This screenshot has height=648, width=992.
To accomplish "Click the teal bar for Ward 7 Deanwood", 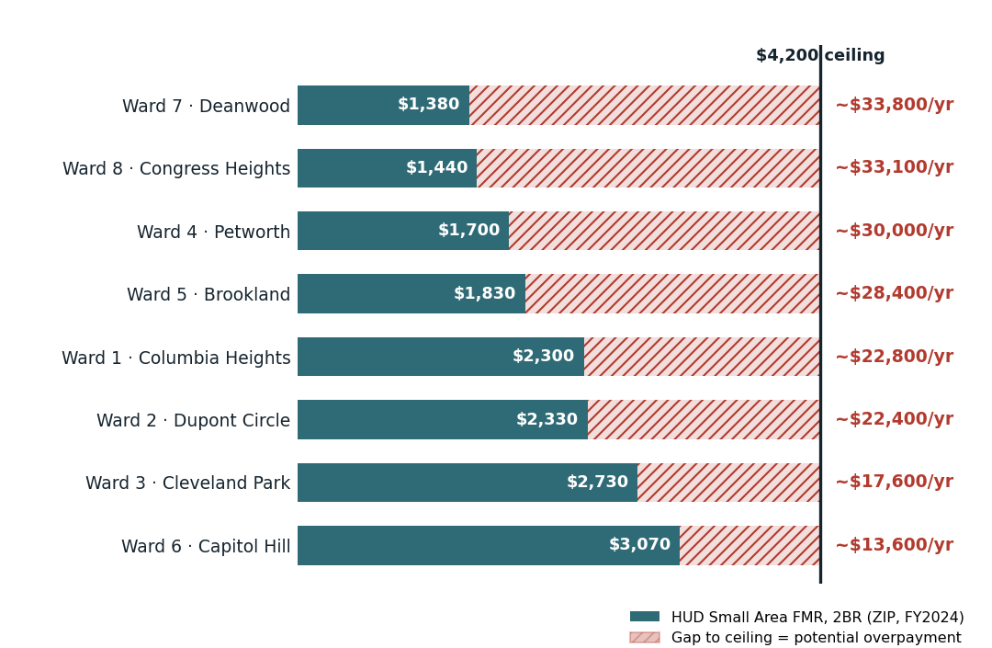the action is click(x=383, y=105).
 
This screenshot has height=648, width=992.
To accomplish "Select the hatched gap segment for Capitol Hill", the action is click(x=750, y=545).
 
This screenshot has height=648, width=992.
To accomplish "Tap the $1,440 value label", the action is click(x=436, y=167).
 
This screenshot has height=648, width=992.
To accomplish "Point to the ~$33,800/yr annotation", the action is click(x=894, y=105).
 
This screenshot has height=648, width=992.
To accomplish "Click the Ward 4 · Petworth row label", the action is click(x=213, y=232).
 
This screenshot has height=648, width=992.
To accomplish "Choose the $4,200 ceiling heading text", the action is click(x=820, y=55).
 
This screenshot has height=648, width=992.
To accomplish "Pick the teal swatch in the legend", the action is click(x=645, y=617).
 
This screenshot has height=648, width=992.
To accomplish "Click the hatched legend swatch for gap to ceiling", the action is click(x=645, y=637).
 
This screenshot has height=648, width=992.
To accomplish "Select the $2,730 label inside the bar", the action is click(x=597, y=482).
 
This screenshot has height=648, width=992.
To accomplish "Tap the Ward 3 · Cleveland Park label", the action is click(x=188, y=483).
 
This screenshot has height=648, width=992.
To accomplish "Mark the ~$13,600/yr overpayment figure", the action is click(x=894, y=545).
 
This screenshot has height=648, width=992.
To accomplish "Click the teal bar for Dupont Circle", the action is click(x=443, y=419).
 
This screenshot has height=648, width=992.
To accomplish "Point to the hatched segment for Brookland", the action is click(x=672, y=293).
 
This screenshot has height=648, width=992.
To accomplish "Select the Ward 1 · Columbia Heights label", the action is click(x=175, y=358).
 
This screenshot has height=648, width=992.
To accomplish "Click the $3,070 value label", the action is click(x=639, y=544).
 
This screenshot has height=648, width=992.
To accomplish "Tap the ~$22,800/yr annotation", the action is click(x=894, y=357).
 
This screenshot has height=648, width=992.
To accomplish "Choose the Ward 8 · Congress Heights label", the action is click(x=175, y=169).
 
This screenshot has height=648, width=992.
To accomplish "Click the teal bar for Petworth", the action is click(x=403, y=231).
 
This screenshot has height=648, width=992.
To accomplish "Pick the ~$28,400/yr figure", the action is click(x=894, y=293).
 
